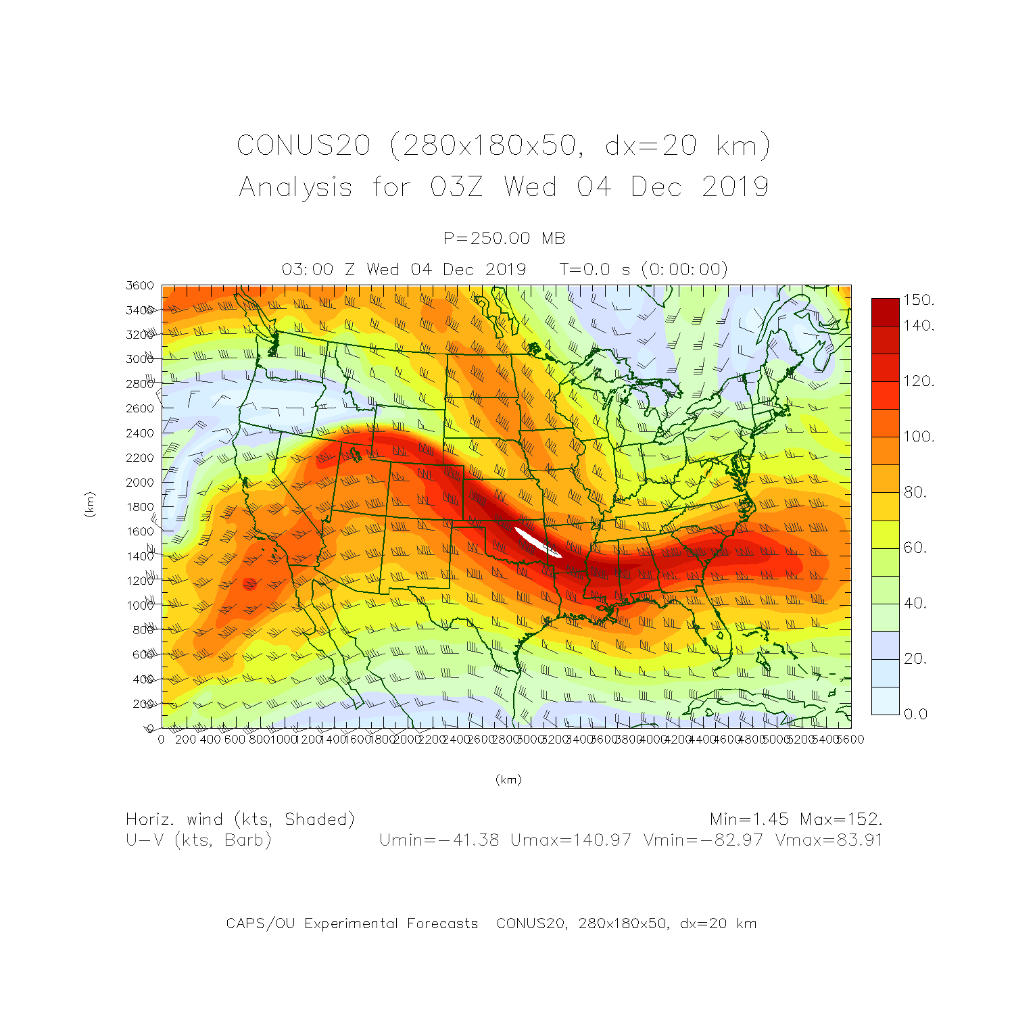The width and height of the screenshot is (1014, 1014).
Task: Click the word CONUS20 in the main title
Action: (304, 145)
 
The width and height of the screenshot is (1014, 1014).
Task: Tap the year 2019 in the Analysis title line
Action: (735, 187)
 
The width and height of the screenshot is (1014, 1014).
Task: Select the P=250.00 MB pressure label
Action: (504, 238)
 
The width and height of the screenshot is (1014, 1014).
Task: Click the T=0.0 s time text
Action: (595, 269)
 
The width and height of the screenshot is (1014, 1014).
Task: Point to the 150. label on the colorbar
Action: (919, 299)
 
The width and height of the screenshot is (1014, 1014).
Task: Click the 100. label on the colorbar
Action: (919, 436)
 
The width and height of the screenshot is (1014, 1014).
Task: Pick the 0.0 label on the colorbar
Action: (915, 714)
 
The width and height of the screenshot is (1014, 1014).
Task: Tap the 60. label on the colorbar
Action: (915, 547)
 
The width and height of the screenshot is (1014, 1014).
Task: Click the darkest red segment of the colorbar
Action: (885, 312)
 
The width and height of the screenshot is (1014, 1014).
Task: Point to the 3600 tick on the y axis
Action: (140, 285)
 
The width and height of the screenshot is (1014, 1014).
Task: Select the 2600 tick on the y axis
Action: (140, 408)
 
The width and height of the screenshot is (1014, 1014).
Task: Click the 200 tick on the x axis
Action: (185, 740)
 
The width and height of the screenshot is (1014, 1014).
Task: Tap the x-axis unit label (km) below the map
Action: (508, 779)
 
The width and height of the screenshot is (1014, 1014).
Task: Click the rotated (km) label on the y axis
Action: (89, 505)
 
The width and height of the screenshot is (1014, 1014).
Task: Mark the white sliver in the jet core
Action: (537, 541)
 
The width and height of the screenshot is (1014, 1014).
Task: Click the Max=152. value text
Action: (841, 819)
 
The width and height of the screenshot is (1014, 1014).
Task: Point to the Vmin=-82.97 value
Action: (703, 840)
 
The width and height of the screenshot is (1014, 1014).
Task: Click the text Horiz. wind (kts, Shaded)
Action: (240, 819)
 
